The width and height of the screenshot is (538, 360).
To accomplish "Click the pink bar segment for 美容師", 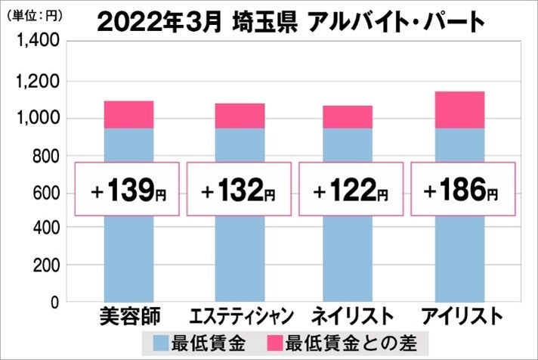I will pyautogui.click(x=128, y=114).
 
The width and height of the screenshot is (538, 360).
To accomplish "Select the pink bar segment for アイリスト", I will pyautogui.click(x=460, y=110).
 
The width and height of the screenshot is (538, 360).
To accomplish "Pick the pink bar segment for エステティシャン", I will pyautogui.click(x=240, y=116).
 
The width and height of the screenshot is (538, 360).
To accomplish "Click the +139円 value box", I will pyautogui.click(x=128, y=189).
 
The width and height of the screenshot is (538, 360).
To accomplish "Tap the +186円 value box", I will pyautogui.click(x=462, y=189).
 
